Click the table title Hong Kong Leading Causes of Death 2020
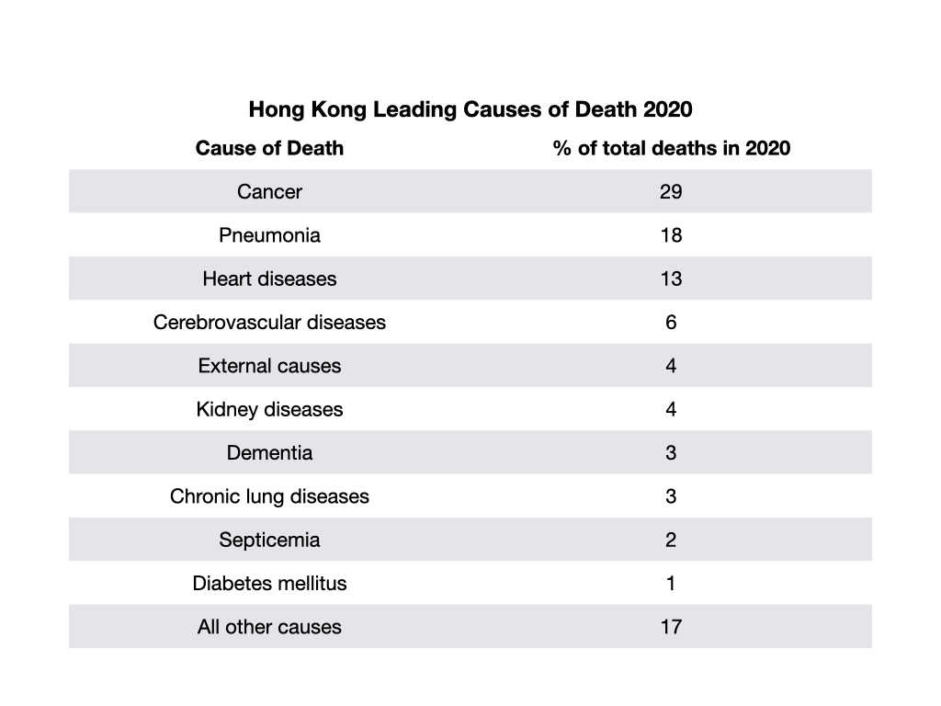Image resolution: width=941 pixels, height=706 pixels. coord(470,109)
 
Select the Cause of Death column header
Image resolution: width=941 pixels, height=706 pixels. coord(269,148)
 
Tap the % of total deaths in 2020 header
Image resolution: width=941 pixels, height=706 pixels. coord(672,148)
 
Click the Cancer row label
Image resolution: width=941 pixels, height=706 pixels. coord(269,191)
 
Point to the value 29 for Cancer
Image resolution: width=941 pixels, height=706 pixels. coord(671,191)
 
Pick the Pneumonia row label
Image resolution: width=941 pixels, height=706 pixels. coord(269,235)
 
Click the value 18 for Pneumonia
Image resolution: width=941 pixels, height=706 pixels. coord(671,235)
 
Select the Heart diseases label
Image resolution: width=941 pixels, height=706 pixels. coord(269,279)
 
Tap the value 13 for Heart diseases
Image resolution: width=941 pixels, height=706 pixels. coord(671,279)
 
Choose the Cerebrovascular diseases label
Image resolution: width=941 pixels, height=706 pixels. coord(269,323)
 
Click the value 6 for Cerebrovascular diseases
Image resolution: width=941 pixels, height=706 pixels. coord(671,323)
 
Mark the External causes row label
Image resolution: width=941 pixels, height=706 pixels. coord(269,366)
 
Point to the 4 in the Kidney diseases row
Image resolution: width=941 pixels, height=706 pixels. coord(671,409)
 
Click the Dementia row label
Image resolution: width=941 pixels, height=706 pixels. coord(269,452)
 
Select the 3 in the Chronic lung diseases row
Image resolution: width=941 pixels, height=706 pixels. coord(671,496)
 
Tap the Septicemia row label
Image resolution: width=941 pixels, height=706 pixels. coord(269,540)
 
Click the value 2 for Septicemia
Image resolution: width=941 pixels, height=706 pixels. coord(671,540)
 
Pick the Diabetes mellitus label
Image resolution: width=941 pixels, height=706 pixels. coord(269,584)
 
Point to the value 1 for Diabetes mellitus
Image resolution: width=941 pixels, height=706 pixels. coord(671,584)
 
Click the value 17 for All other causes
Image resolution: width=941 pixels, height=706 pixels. coord(671,627)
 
